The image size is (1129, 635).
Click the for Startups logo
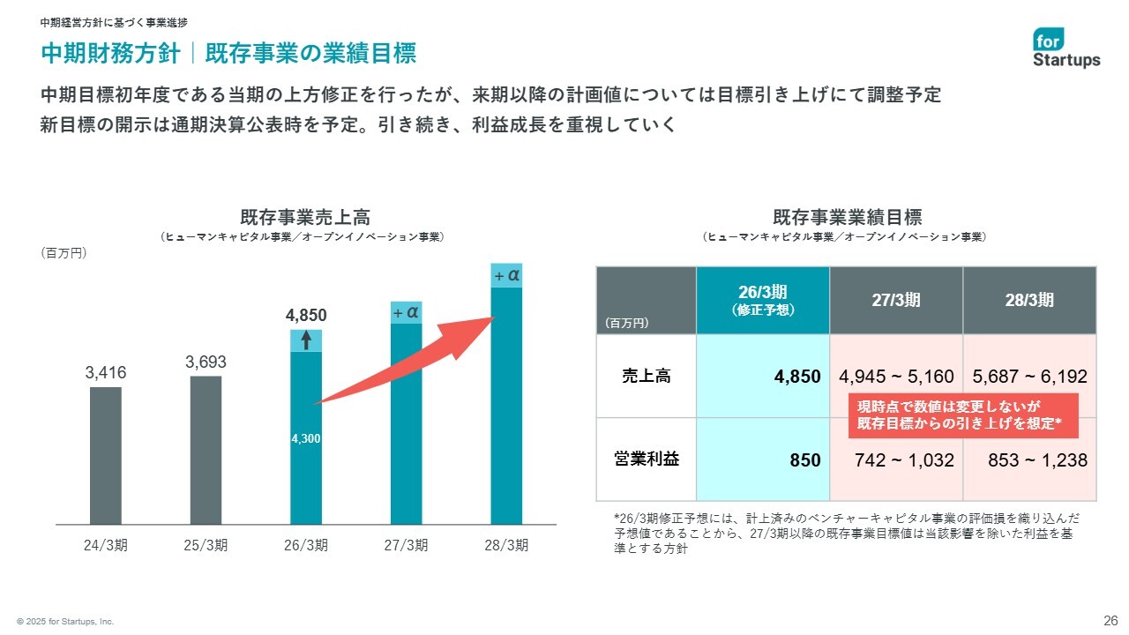tap(1066, 48)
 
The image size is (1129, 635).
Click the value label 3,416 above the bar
tap(106, 373)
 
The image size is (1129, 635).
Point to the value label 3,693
tap(206, 362)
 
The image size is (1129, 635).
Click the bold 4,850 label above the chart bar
tap(306, 316)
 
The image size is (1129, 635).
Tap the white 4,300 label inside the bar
tap(305, 437)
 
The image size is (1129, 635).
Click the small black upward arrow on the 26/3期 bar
tap(306, 340)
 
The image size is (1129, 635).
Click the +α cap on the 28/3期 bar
tap(506, 276)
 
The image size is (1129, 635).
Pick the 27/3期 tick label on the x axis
tap(406, 545)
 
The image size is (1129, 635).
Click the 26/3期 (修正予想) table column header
tap(763, 300)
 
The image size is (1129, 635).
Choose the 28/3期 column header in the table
tap(1029, 300)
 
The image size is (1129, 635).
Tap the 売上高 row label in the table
tap(646, 377)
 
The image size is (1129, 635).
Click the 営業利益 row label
tap(646, 459)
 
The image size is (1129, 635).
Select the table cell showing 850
tap(763, 460)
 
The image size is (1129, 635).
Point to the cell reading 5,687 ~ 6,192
tap(1029, 377)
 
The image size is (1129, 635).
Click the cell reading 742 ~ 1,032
tap(896, 460)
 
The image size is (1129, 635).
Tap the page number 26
tap(1110, 618)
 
